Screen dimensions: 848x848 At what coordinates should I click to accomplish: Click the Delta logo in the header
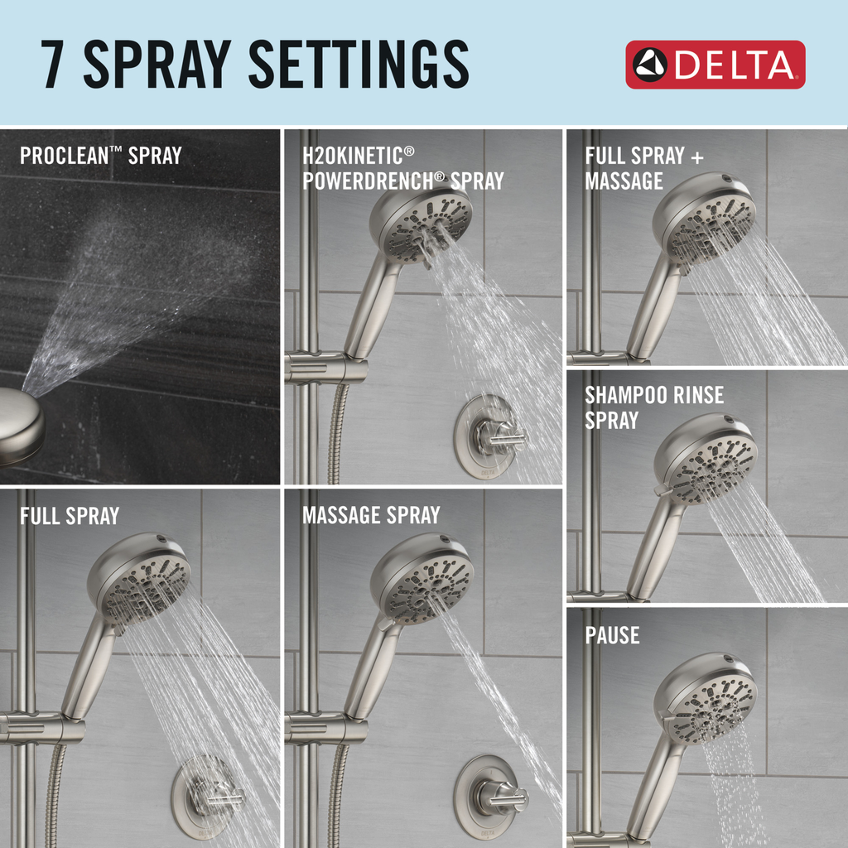coord(715,65)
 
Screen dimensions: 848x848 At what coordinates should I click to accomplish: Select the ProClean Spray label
coord(100,155)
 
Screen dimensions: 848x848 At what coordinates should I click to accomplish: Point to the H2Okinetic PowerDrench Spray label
coord(402,168)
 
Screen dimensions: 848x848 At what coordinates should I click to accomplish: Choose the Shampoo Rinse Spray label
coord(653,407)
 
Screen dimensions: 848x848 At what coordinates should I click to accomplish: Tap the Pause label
coord(612,635)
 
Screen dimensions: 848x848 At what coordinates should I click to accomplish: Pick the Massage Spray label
coord(370,515)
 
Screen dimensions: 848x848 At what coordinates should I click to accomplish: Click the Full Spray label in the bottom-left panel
coord(69,516)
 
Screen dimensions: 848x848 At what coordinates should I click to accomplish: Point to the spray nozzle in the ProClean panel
coord(18,423)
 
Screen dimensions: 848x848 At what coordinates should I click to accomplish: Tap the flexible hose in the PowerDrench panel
coord(336,435)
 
